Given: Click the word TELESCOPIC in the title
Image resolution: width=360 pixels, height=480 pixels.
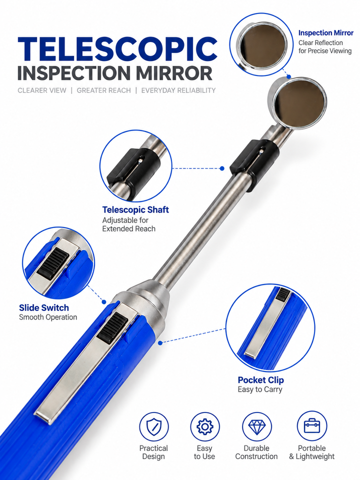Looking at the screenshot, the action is click(117, 48).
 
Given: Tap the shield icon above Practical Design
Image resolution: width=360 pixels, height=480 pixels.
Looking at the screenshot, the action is click(153, 426).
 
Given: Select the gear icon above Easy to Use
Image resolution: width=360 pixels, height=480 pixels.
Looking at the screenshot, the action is click(204, 426).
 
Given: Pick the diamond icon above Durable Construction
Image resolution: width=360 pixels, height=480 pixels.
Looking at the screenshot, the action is click(256, 426).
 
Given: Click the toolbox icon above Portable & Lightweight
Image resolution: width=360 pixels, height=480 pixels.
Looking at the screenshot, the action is click(312, 425).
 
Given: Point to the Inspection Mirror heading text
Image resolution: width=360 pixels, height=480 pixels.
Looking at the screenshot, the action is click(325, 33).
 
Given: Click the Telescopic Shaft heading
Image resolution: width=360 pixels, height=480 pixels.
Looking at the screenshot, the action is click(135, 209).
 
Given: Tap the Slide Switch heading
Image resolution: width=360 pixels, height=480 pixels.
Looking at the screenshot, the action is click(44, 307).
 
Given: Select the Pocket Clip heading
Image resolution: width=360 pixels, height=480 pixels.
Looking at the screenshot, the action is click(261, 380).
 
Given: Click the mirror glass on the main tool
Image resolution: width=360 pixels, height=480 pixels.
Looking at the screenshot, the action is click(300, 103).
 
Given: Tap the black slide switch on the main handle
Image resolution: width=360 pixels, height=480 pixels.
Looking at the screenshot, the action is click(112, 327).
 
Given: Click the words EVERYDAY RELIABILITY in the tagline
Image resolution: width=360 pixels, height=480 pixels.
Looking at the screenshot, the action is click(178, 90).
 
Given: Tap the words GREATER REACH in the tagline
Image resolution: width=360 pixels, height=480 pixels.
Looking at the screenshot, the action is click(104, 90).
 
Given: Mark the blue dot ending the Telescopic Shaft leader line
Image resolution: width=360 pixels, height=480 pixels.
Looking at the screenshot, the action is click(222, 168).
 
